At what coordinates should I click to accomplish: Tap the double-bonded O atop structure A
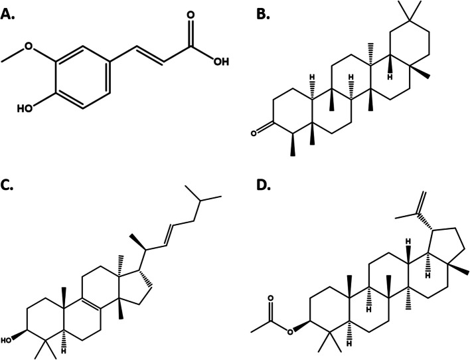point(191,11)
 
